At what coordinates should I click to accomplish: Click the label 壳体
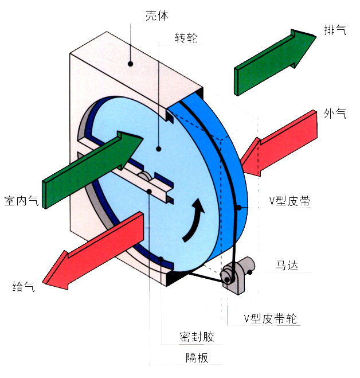[157, 15]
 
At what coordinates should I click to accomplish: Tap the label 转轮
[186, 38]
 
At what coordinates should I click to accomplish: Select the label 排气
[335, 30]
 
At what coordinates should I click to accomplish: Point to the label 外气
[335, 113]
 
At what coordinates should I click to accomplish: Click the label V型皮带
[289, 201]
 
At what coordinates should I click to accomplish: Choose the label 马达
[287, 265]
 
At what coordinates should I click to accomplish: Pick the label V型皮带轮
[270, 318]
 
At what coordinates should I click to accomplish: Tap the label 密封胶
[197, 337]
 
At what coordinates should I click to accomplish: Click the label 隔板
[197, 357]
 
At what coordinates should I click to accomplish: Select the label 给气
[24, 286]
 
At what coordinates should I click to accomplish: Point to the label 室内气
[21, 201]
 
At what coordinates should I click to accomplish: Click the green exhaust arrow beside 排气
[275, 62]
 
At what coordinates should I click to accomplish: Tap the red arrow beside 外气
[280, 143]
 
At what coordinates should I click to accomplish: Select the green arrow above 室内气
[93, 170]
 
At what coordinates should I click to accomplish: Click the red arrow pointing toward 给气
[93, 251]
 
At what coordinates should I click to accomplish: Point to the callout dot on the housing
[130, 64]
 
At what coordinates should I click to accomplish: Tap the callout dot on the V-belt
[239, 207]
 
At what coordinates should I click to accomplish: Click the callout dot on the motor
[250, 272]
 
